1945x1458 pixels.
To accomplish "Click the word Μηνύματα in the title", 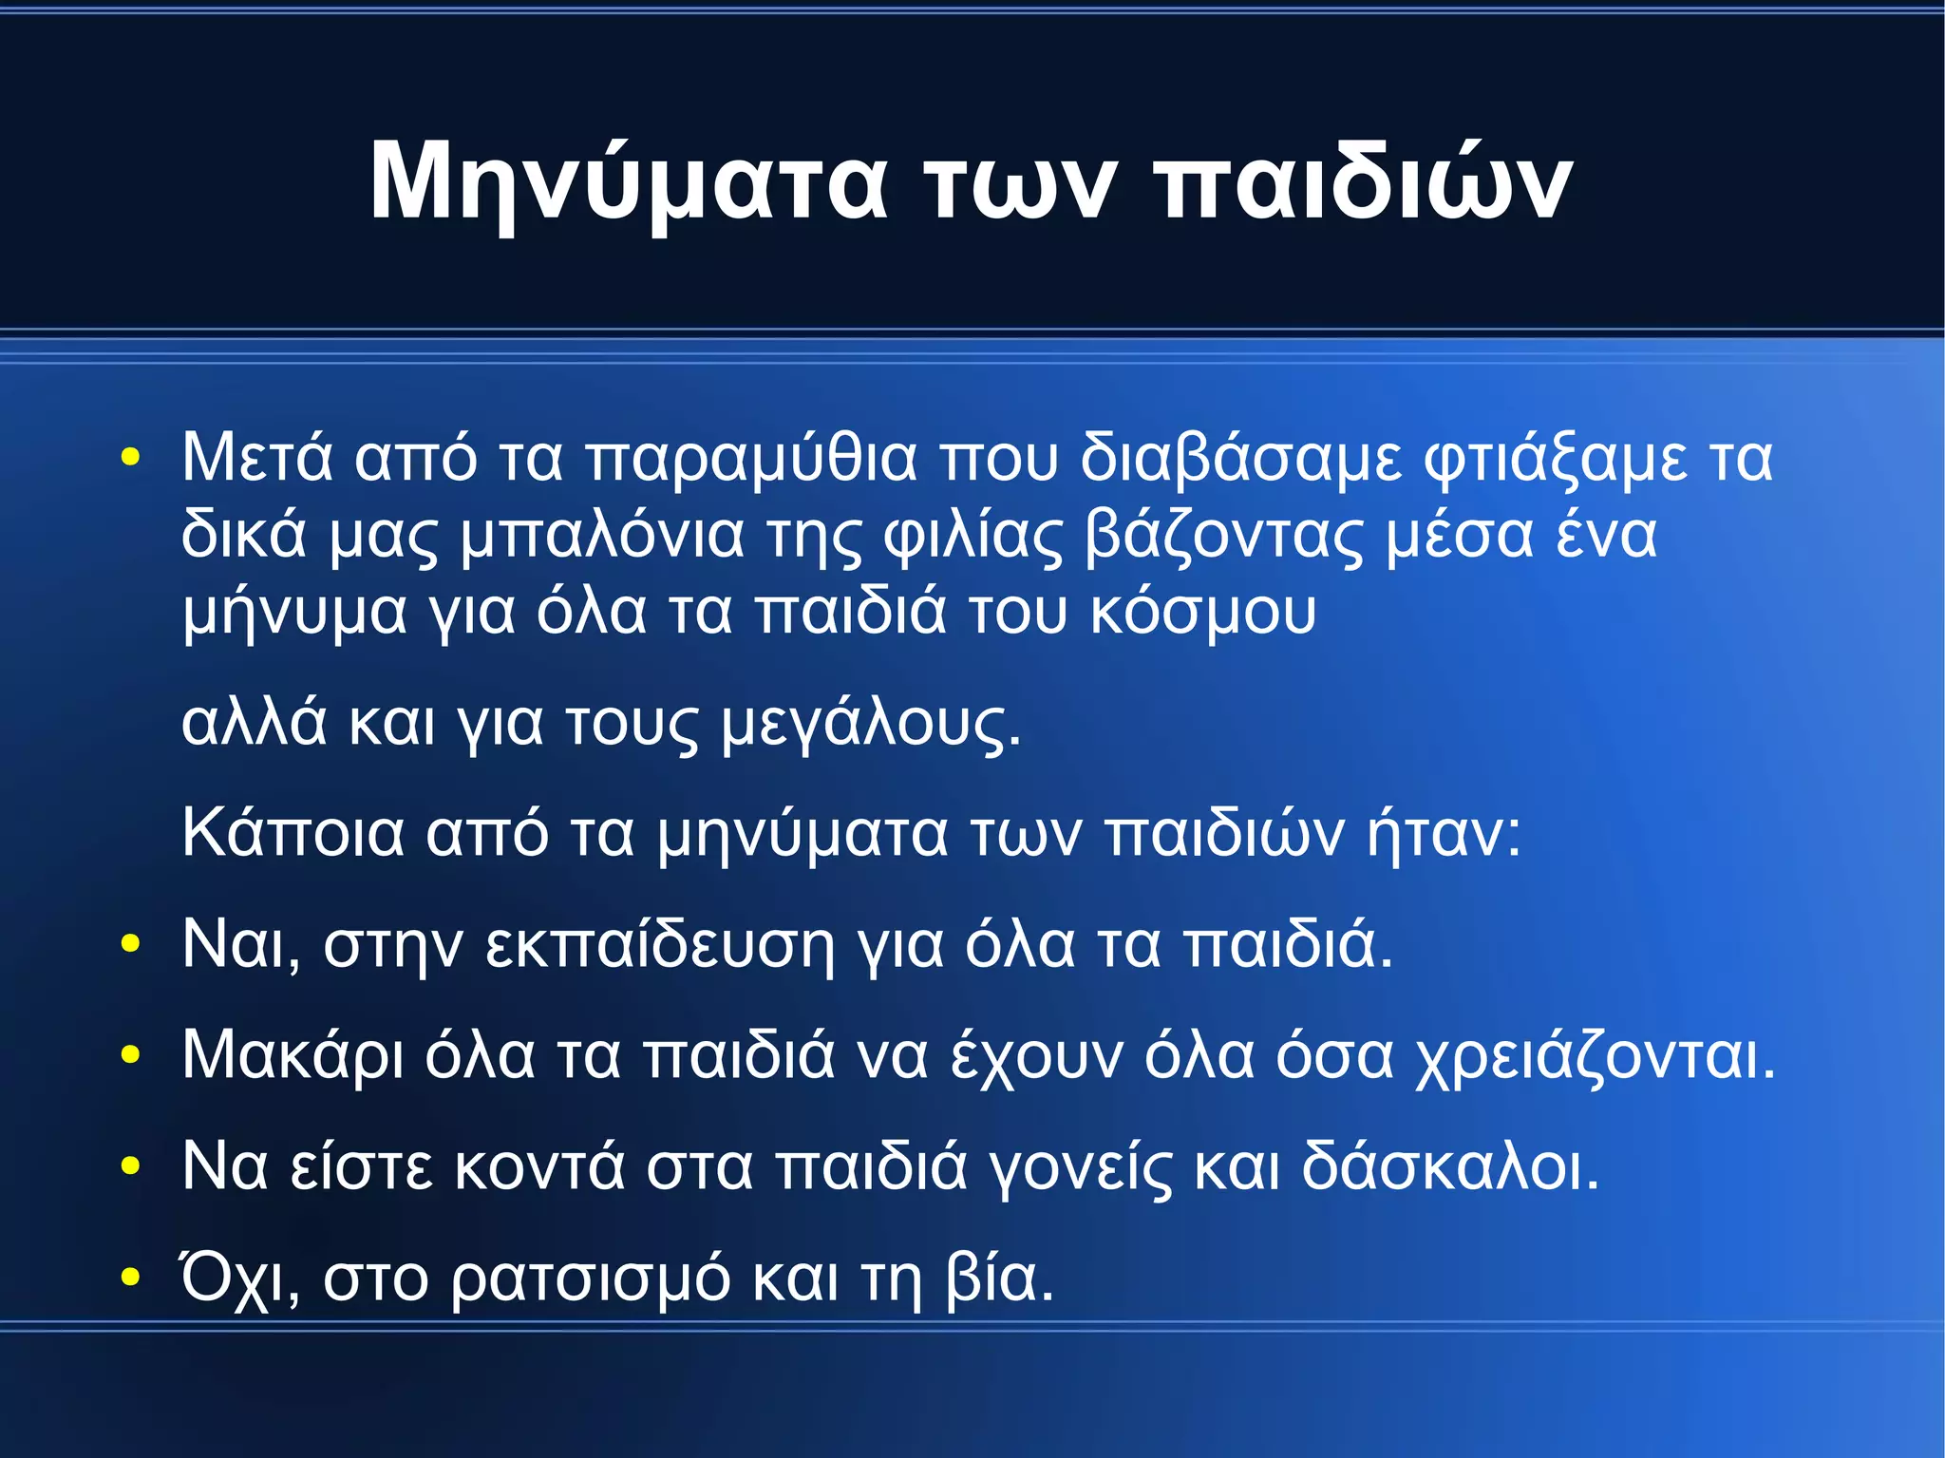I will (x=628, y=183).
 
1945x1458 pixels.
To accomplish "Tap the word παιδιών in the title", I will (x=1367, y=183).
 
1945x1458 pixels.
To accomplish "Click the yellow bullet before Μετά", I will (x=130, y=458).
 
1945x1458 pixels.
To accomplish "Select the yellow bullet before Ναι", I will (x=130, y=944).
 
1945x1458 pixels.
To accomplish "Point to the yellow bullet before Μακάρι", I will (x=130, y=1054).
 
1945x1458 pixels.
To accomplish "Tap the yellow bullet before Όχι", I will (x=130, y=1278).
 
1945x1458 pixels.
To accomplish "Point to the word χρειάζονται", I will (x=1594, y=1056).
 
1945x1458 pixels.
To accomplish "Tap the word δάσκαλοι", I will (x=1448, y=1165).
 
